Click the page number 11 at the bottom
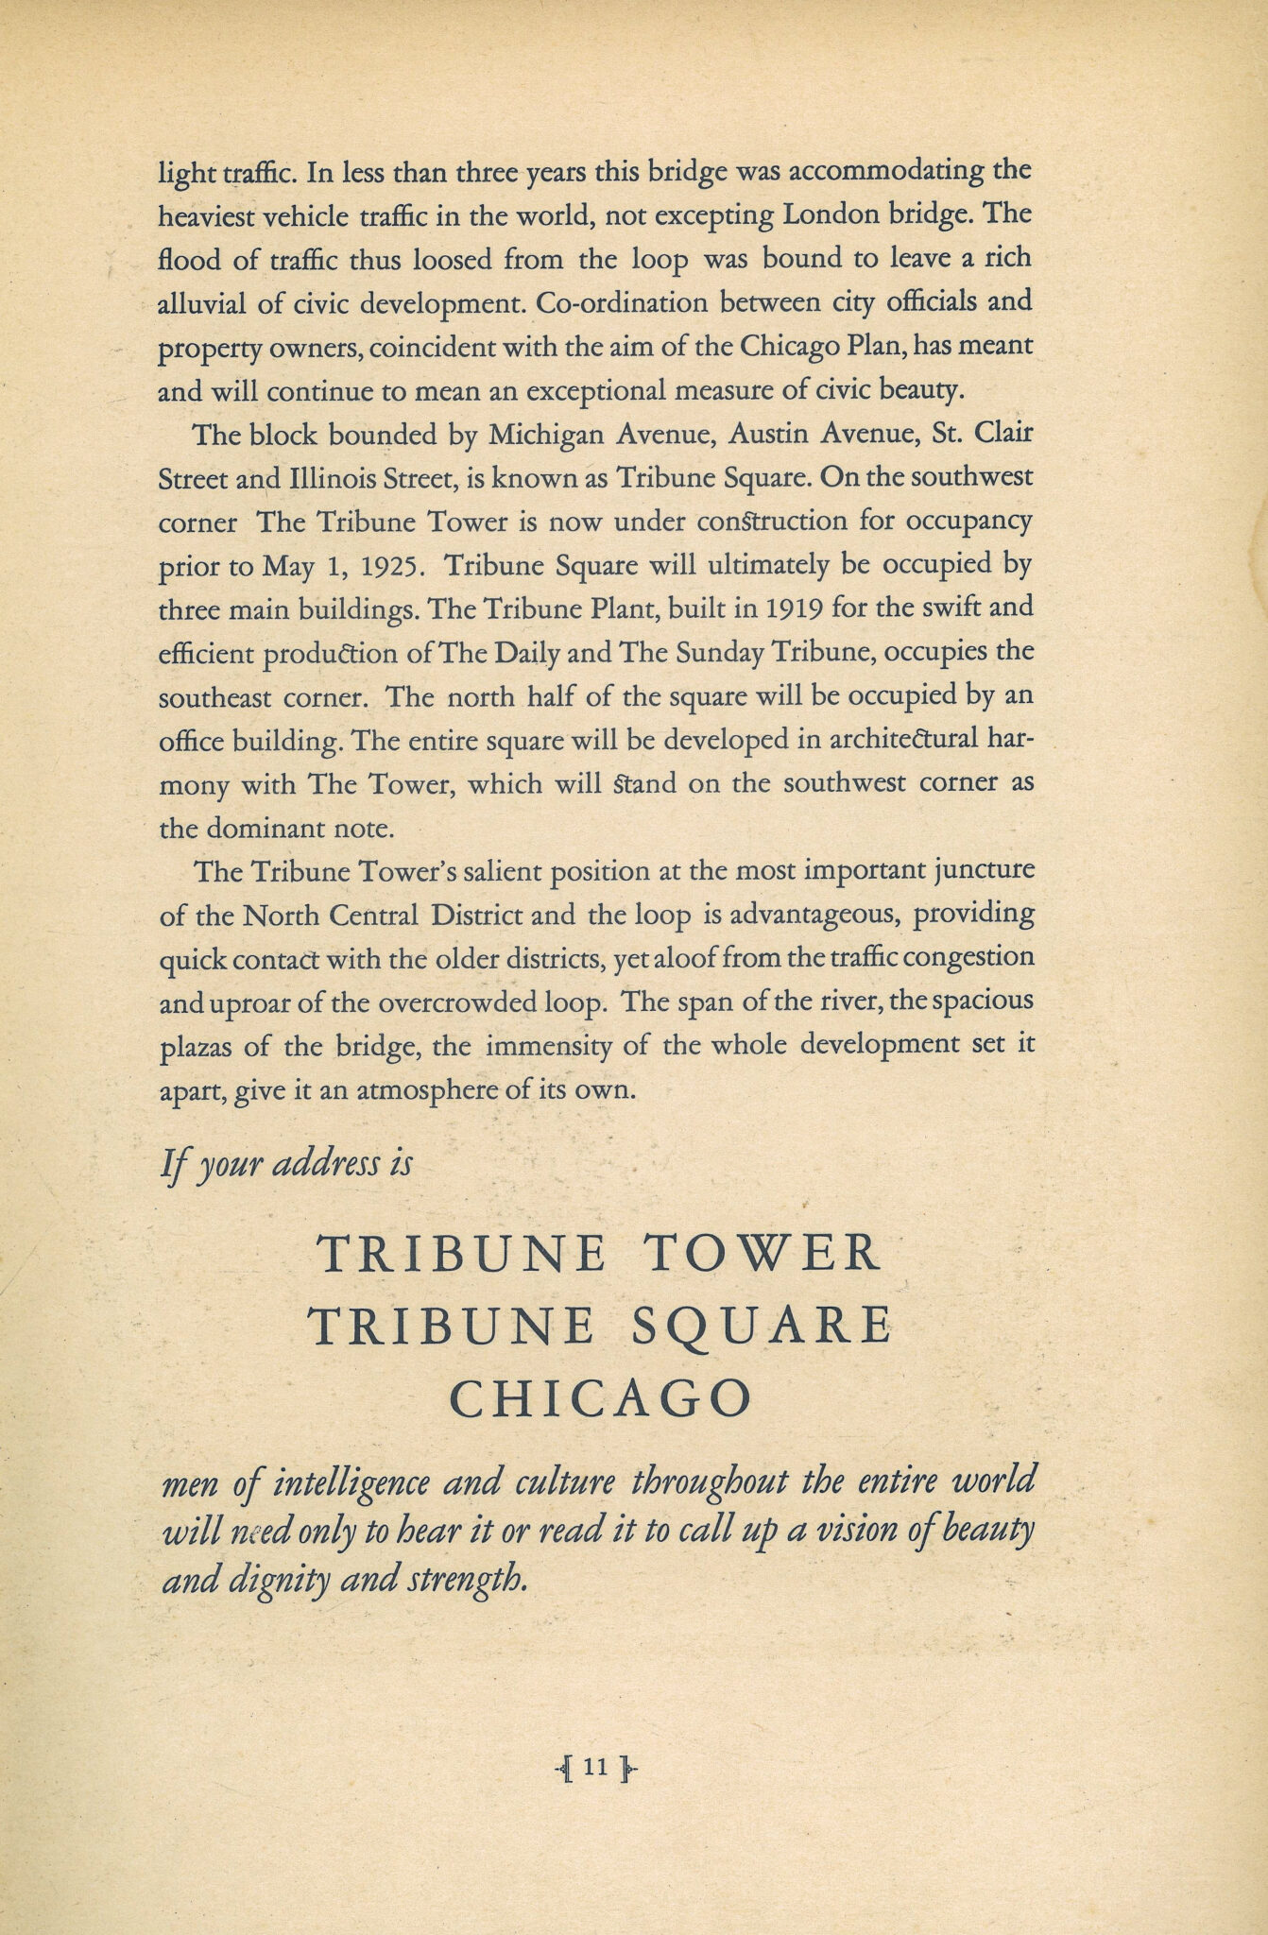coord(595,1766)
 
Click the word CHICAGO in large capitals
coord(601,1399)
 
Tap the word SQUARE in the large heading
coord(760,1326)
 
